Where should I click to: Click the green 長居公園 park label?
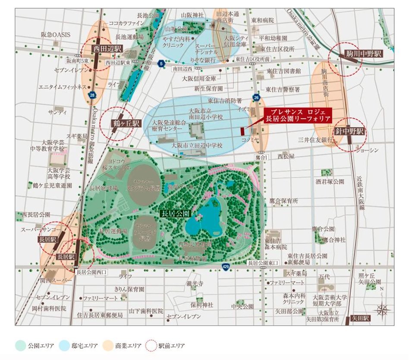[175, 213]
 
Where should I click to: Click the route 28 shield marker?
[92, 95]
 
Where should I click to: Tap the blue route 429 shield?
[226, 267]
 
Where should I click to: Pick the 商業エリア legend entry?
[123, 345]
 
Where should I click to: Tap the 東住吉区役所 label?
[280, 48]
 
